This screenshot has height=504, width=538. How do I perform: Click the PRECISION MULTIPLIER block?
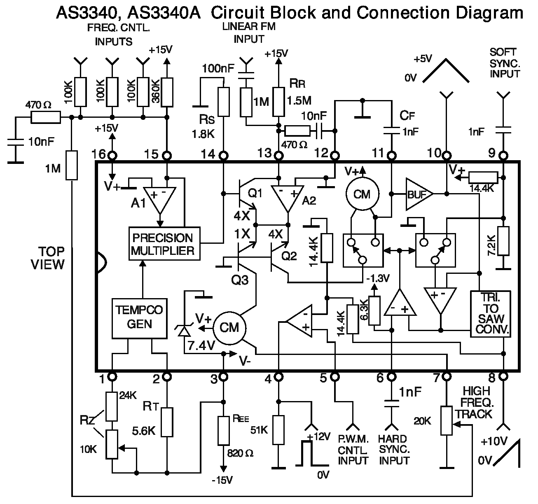pos(165,243)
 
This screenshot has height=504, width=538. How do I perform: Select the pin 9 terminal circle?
pos(503,156)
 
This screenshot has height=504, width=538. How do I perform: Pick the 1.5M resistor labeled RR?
pos(279,102)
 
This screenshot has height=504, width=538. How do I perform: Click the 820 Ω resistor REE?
pos(223,430)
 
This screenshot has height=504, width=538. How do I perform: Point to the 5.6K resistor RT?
pos(167,422)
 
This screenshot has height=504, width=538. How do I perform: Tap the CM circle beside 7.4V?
pos(229,327)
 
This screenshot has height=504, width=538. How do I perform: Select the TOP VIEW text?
pos(49,258)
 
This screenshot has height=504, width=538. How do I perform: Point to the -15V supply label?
pos(222,480)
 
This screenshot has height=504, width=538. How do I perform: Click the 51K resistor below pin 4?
pos(279,430)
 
